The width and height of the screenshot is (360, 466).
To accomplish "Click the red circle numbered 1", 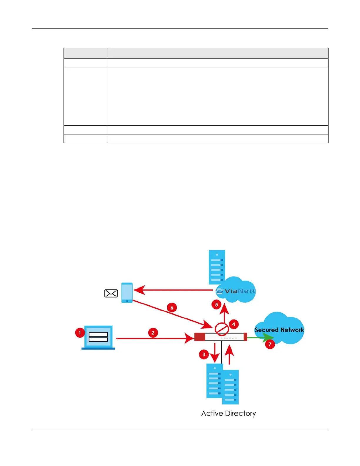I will (x=80, y=333).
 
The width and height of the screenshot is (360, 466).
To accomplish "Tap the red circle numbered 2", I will (x=153, y=333).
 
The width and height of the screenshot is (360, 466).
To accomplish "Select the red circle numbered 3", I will (x=204, y=354).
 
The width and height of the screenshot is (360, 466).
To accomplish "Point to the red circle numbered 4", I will (x=234, y=324).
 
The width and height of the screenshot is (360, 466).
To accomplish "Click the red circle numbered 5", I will (x=216, y=304).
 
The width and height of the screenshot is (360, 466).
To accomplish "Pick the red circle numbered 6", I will (x=172, y=308).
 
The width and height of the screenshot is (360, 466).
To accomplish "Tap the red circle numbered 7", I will (x=270, y=344).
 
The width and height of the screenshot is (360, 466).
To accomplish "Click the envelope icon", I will (x=111, y=293).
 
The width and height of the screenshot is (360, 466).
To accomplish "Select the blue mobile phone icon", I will (x=127, y=293).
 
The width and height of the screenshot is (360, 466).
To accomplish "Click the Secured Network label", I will (x=279, y=330).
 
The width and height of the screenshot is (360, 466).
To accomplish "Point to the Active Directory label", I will (x=229, y=413).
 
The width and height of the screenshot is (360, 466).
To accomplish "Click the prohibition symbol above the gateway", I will (x=222, y=329).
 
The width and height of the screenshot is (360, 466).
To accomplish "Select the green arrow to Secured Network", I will (x=260, y=338).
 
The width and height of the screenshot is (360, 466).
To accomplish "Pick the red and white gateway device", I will (x=221, y=337).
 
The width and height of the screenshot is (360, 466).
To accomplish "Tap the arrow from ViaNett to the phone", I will (x=174, y=290).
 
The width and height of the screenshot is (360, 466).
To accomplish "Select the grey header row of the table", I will (x=196, y=53).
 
